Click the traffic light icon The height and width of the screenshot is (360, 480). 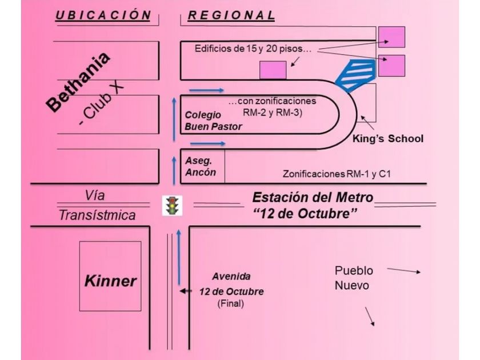[172, 205]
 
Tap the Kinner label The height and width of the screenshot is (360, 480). [110, 281]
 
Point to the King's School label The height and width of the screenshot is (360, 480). [388, 138]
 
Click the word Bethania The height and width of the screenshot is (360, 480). [78, 82]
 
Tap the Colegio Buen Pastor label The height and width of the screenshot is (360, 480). [213, 121]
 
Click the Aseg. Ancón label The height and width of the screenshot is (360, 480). [201, 166]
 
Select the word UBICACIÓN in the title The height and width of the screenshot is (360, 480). [103, 15]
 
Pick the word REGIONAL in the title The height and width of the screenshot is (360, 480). [231, 15]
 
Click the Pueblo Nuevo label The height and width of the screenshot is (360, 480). [354, 278]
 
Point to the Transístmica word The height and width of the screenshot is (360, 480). [97, 215]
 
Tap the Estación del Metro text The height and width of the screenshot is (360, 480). [313, 198]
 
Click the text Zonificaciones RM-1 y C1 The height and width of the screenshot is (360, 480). [337, 174]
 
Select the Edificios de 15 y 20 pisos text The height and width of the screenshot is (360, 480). [253, 49]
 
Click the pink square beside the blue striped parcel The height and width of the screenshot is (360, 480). [392, 66]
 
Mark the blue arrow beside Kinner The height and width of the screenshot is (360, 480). [179, 258]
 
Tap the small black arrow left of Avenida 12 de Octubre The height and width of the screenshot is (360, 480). [186, 291]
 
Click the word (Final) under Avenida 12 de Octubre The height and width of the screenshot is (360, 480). [230, 303]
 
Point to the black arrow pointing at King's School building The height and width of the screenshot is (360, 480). [367, 123]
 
